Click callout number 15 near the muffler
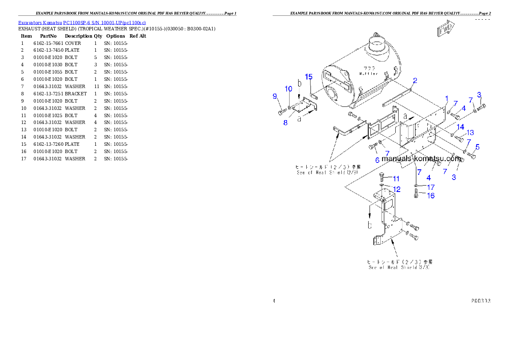[x=309, y=77]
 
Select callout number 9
[x=275, y=97]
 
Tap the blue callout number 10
[x=289, y=89]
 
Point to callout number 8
[x=286, y=122]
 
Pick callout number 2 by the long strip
[x=415, y=80]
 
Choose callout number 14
[x=460, y=127]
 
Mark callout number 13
[x=470, y=133]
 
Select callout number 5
[x=477, y=147]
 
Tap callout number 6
[x=377, y=160]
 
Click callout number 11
[x=396, y=179]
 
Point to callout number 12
[x=397, y=189]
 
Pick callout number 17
[x=430, y=187]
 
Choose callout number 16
[x=430, y=195]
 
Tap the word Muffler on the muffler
[x=368, y=74]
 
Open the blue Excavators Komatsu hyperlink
[x=82, y=22]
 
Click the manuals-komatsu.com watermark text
[x=420, y=159]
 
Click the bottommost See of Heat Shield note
[x=399, y=267]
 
